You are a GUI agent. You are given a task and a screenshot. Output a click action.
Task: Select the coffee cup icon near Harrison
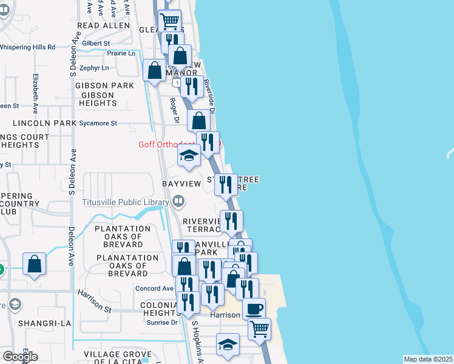[254, 308]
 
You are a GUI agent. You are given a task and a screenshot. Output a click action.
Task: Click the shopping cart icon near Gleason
[170, 21]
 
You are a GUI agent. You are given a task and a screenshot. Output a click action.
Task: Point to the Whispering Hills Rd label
[27, 47]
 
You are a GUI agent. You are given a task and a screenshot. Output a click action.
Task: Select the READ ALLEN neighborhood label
[104, 26]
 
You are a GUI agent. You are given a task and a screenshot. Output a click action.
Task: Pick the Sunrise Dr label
[162, 322]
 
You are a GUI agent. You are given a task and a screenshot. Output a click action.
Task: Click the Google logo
[20, 356]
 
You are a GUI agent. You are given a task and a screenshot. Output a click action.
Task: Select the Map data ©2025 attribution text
[429, 359]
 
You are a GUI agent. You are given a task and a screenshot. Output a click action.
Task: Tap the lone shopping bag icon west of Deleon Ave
[35, 264]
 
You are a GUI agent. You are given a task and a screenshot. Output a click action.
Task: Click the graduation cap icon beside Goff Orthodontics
[189, 156]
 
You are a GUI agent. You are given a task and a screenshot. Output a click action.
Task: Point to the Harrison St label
[95, 301]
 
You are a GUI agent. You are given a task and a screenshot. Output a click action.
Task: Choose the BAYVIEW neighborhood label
[181, 183]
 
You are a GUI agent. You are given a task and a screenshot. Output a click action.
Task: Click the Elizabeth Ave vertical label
[35, 94]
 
